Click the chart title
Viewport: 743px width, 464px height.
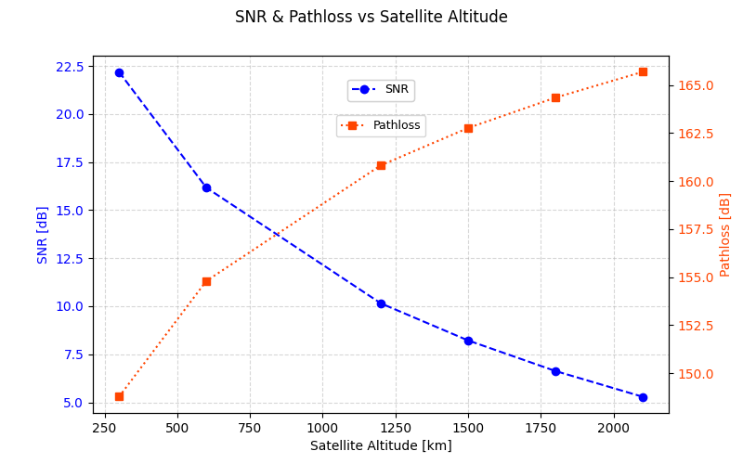coord(371,18)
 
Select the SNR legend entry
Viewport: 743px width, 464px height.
coord(381,90)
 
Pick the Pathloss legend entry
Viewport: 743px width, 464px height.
coord(381,125)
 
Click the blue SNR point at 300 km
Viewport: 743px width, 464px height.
coord(119,72)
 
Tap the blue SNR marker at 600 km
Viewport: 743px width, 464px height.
coord(206,187)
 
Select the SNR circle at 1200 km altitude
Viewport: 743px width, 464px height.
coord(381,303)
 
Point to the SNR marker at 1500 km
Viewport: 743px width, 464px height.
coord(468,341)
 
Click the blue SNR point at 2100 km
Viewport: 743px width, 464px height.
coord(643,397)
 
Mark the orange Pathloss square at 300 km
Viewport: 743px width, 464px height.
coord(119,396)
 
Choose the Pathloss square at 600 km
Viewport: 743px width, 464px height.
coord(206,281)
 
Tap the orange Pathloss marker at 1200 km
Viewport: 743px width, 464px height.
coord(381,165)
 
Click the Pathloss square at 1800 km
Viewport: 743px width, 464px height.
coord(555,97)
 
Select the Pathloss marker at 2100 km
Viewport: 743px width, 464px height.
coord(643,71)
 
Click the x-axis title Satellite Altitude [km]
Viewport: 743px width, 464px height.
coord(381,445)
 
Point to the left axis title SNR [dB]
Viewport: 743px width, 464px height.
coord(43,235)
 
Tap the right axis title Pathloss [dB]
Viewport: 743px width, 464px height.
coord(725,235)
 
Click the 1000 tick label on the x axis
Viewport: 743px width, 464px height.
coord(322,428)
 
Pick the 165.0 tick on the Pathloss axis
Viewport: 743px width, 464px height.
coord(696,85)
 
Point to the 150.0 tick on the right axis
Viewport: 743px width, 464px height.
coord(696,374)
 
